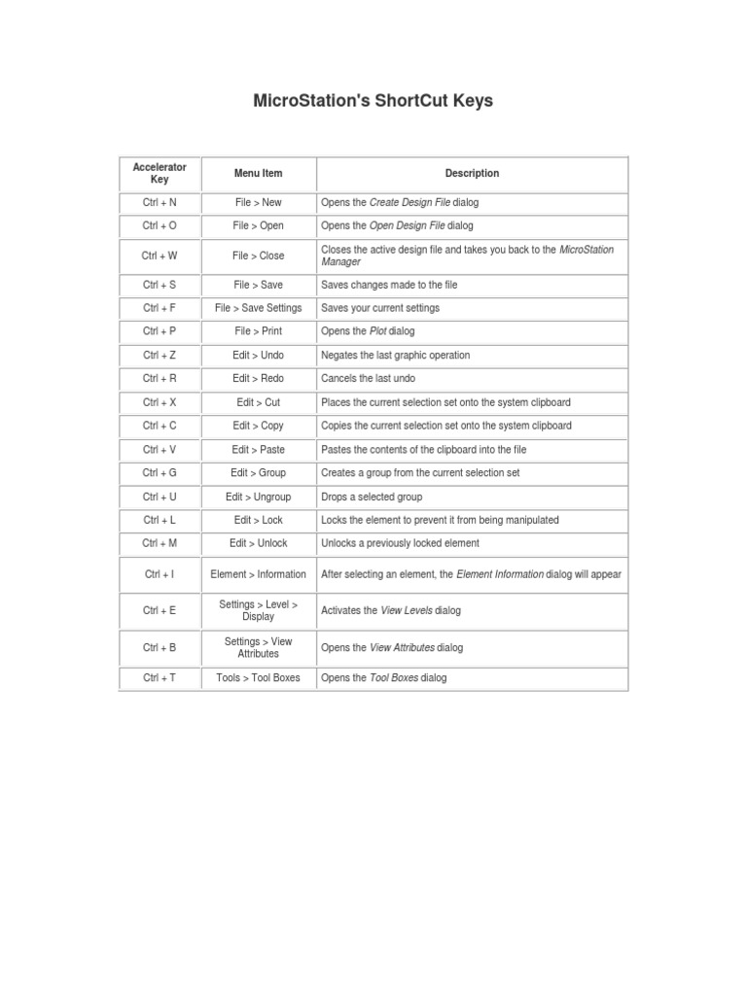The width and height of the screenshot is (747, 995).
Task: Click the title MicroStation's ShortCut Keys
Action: coord(373,101)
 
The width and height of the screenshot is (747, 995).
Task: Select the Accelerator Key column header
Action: coord(160,173)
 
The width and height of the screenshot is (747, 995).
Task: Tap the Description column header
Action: coord(472,173)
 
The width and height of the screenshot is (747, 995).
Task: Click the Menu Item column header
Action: coord(258,173)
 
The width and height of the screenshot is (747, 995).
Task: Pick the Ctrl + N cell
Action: coord(160,202)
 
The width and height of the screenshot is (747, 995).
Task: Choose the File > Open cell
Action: coord(258,225)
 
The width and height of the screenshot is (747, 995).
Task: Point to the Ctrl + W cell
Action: coord(160,256)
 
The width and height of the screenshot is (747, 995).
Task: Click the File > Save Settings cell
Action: coord(258,308)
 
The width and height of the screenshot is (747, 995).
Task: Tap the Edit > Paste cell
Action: coord(258,450)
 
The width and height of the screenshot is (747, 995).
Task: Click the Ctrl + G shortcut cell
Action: coord(160,473)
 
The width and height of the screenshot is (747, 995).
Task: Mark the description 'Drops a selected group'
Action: coord(372,497)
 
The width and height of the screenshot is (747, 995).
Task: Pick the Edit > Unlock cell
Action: coord(258,543)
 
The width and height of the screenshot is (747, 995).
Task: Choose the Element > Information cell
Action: coord(258,574)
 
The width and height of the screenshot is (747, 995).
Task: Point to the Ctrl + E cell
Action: coord(160,610)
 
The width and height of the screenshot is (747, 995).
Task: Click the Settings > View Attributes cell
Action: coord(258,647)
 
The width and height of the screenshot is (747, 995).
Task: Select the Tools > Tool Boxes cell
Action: coord(258,678)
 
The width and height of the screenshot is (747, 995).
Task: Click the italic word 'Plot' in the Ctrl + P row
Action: coord(377,331)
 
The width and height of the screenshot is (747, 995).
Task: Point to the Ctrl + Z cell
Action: coord(160,356)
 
